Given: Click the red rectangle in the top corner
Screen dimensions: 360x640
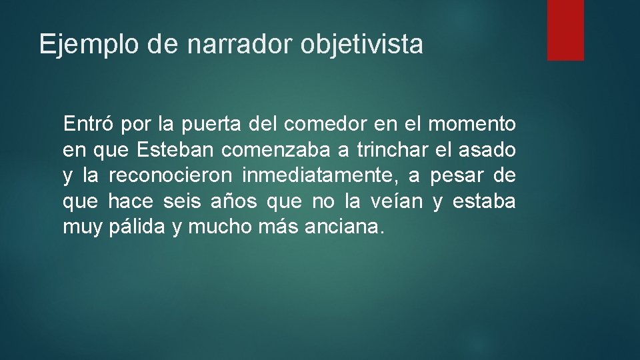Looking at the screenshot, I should [x=565, y=30].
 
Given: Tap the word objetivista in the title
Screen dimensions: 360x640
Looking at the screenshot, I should [x=361, y=45].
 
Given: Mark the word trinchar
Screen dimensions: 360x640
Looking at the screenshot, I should [x=388, y=150].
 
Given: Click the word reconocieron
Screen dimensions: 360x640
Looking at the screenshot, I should [x=170, y=175].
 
